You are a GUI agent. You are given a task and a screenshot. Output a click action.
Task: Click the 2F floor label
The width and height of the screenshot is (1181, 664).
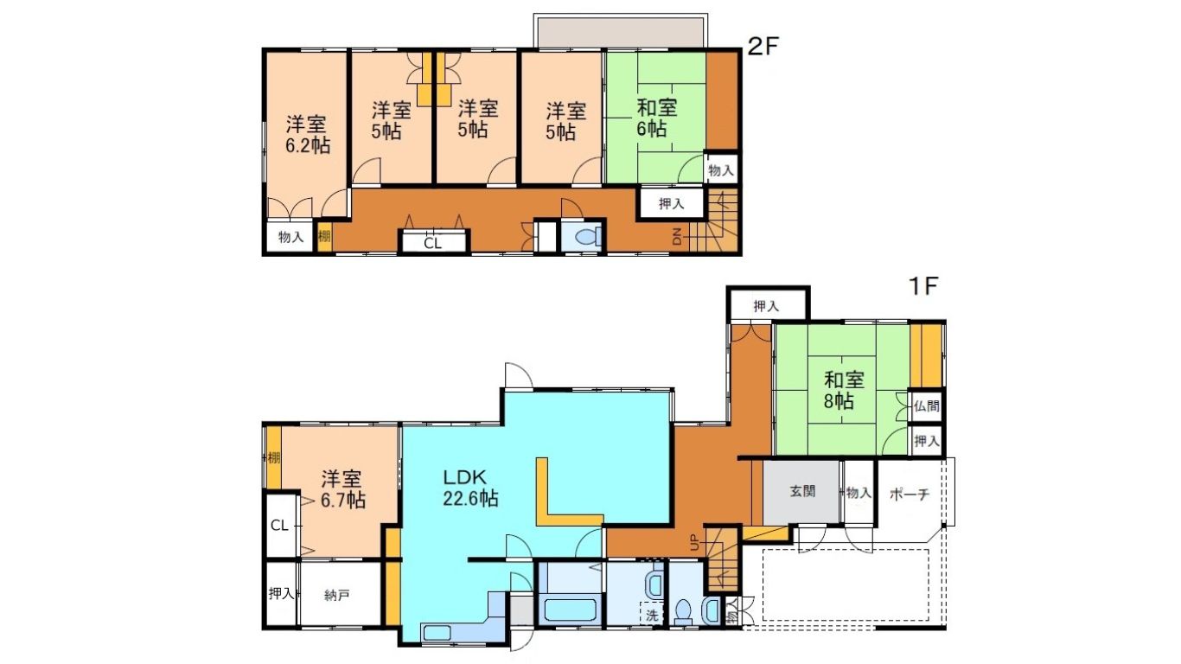[763, 47]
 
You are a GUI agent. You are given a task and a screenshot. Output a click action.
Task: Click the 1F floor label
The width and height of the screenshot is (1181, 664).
[922, 286]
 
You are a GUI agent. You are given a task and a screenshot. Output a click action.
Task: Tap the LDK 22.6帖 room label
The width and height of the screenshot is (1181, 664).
[470, 488]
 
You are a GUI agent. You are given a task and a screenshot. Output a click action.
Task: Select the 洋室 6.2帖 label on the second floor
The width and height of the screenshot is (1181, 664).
[308, 135]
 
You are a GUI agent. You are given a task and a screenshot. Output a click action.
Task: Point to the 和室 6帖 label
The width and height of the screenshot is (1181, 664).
[656, 118]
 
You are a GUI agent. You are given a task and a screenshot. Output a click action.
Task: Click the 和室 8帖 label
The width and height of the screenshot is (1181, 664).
[844, 390]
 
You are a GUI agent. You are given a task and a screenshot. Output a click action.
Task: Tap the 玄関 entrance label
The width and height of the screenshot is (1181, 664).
[802, 492]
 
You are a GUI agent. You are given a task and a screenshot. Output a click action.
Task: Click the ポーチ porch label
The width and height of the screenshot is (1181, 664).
[910, 495]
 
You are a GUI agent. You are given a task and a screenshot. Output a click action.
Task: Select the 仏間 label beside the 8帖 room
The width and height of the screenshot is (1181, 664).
[926, 406]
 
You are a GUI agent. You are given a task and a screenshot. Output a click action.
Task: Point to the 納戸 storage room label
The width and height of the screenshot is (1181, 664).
[336, 596]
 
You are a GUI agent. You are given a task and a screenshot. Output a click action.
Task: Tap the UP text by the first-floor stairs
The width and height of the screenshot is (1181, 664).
[694, 541]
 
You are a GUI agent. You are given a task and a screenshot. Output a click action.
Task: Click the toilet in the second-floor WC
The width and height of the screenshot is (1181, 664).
[587, 237]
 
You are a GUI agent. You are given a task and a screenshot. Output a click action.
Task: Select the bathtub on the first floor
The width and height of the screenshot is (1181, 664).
[570, 610]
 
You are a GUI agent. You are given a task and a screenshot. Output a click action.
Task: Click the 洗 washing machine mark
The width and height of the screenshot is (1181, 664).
[652, 615]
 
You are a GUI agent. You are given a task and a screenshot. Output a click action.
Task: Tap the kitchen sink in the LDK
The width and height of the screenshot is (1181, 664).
[437, 632]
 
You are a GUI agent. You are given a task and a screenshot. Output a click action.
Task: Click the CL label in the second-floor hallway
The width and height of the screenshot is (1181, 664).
[432, 243]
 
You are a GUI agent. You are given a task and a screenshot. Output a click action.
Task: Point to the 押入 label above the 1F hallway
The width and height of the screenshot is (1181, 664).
[766, 306]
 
